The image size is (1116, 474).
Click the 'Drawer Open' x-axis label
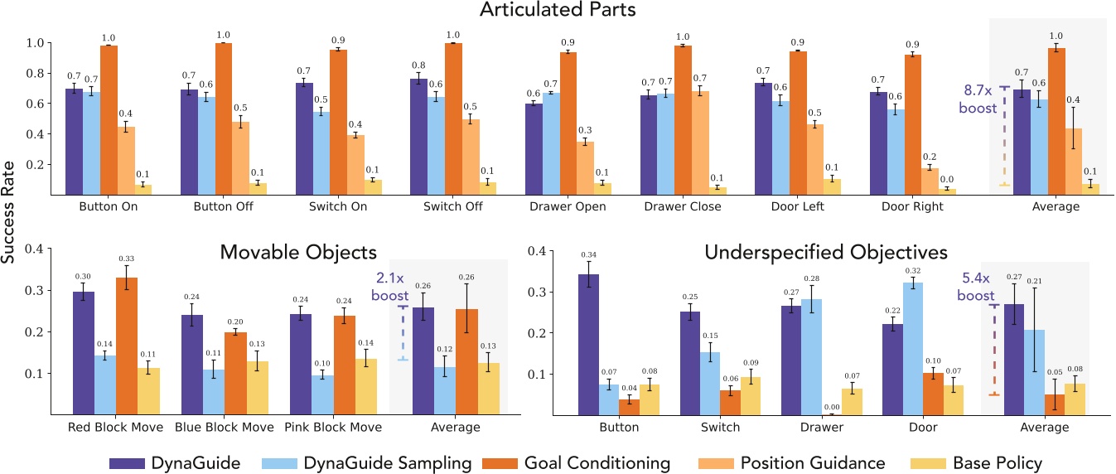(x=568, y=207)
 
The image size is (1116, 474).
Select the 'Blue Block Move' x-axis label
(x=214, y=428)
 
